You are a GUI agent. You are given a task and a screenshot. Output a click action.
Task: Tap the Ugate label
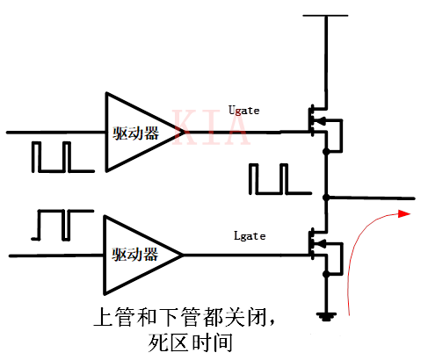point(243,110)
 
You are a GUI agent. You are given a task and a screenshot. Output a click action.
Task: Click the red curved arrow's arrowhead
point(403,213)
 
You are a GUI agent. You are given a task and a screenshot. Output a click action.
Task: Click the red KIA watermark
point(211,128)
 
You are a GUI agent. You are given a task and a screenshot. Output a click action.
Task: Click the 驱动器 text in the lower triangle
point(134,256)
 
